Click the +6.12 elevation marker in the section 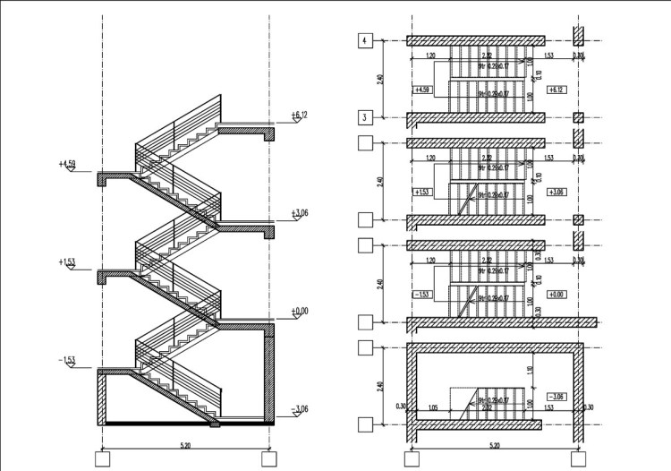click(299, 116)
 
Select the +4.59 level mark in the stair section click(67, 164)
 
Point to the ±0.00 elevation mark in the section click(299, 311)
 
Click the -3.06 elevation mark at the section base click(299, 409)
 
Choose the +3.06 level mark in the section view click(299, 213)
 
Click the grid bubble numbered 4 click(365, 41)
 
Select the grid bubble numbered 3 click(365, 117)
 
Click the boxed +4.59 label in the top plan click(424, 90)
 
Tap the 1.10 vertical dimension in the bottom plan click(531, 368)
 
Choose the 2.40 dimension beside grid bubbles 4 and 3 click(381, 80)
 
